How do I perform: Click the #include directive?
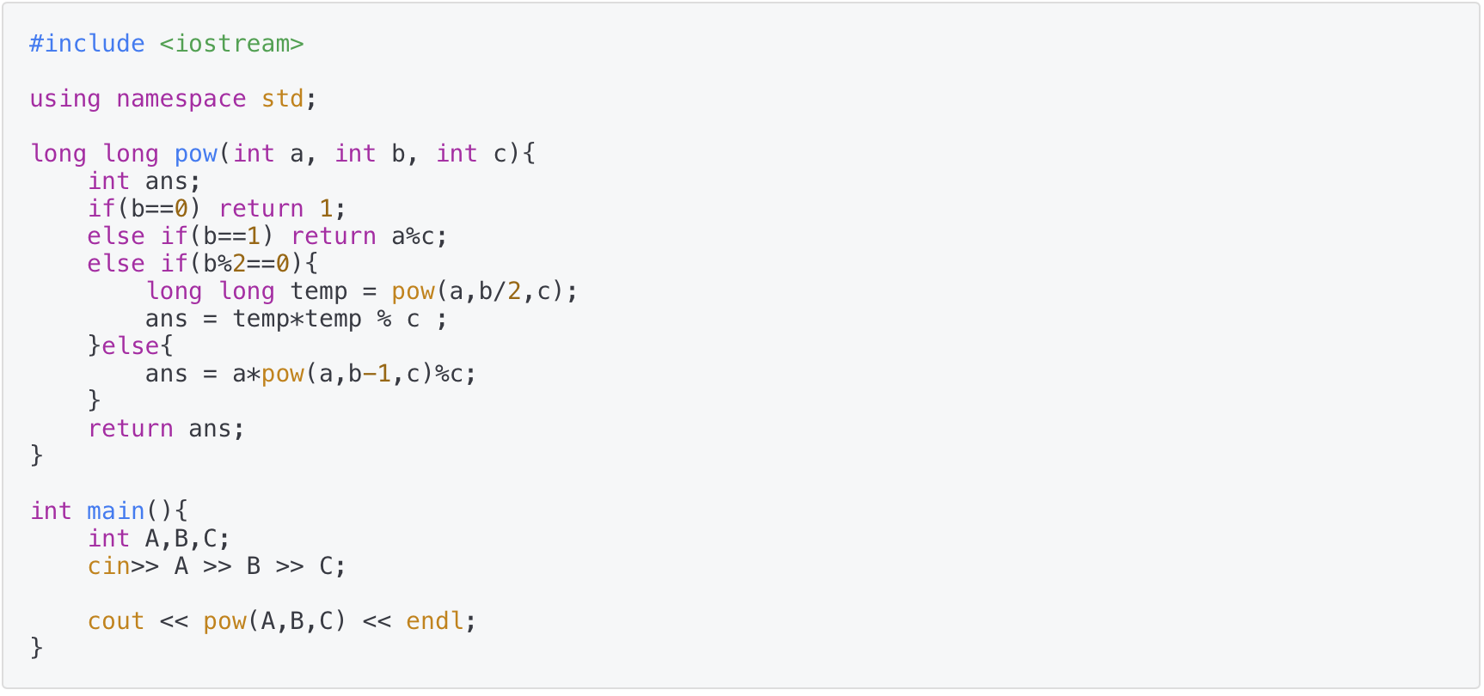[x=87, y=44]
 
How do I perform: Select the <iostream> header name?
[x=231, y=44]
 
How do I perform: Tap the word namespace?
[x=181, y=99]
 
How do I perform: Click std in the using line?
[x=282, y=99]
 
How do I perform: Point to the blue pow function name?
[x=195, y=154]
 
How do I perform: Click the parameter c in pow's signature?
[x=500, y=154]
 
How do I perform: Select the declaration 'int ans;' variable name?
[x=166, y=181]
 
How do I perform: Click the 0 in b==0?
[x=181, y=209]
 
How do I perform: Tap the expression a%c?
[x=413, y=236]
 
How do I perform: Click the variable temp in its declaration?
[x=318, y=291]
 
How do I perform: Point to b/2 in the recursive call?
[x=500, y=291]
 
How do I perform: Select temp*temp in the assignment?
[x=297, y=319]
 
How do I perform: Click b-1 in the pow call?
[x=369, y=374]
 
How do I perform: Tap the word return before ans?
[x=130, y=429]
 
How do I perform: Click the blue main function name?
[x=115, y=511]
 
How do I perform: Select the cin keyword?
[x=108, y=566]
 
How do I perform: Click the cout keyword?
[x=115, y=621]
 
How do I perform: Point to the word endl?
[x=434, y=621]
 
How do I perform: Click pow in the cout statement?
[x=224, y=621]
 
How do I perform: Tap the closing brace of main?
[x=36, y=647]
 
